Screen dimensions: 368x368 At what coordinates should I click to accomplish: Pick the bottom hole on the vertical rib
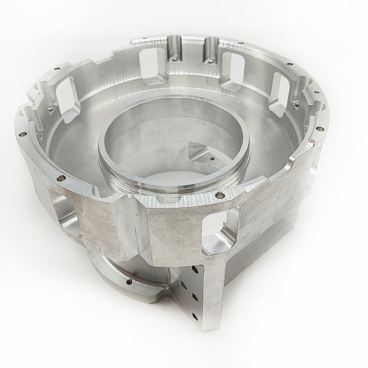click(x=193, y=313)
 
